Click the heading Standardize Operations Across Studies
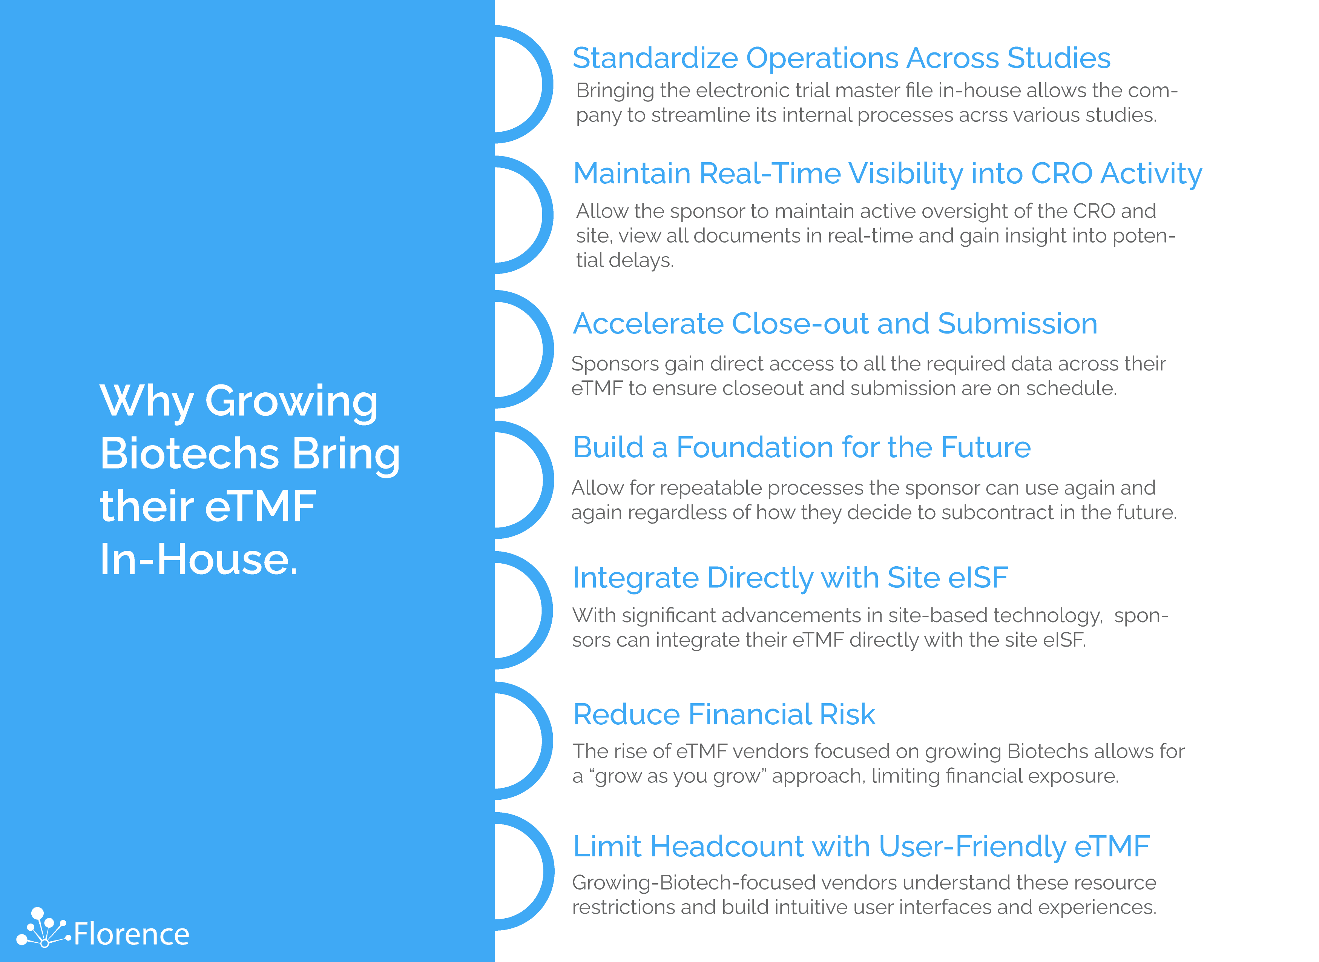tap(841, 58)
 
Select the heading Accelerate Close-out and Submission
tap(835, 323)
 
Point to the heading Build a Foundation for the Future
tap(802, 447)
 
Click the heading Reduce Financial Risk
tap(724, 715)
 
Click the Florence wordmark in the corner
tap(132, 934)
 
